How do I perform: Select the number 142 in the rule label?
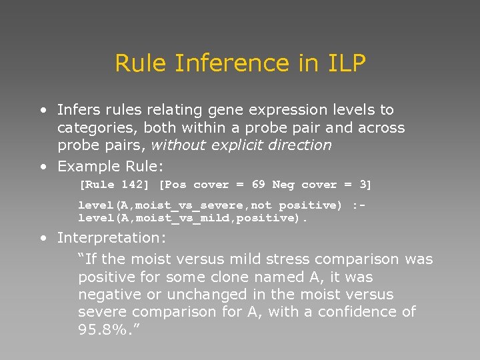[124, 185]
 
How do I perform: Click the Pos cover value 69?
[257, 185]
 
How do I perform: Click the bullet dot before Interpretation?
[43, 238]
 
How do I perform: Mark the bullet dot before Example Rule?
[43, 166]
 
